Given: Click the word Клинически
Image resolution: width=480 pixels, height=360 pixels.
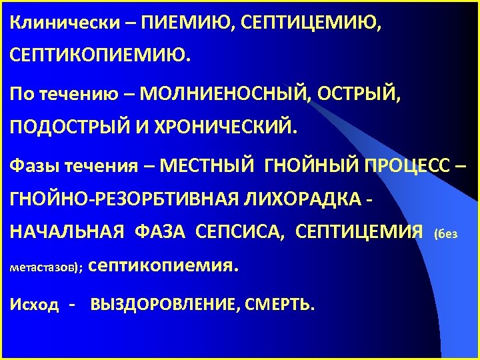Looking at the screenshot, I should coord(59,23).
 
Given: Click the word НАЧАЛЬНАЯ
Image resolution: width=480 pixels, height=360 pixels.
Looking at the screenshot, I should coord(67,232).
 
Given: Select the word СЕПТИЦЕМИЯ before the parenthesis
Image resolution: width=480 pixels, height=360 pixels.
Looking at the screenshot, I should coord(358,232).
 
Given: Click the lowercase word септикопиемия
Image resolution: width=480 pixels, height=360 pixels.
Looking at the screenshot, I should coord(162,266).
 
